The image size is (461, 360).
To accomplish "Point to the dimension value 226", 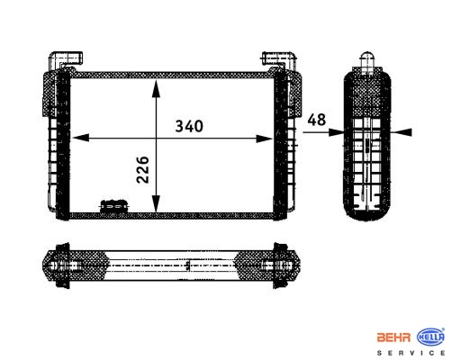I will point(142,168).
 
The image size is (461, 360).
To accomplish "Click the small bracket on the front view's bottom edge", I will point(113,206).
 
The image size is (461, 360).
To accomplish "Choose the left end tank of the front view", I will point(59,144).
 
